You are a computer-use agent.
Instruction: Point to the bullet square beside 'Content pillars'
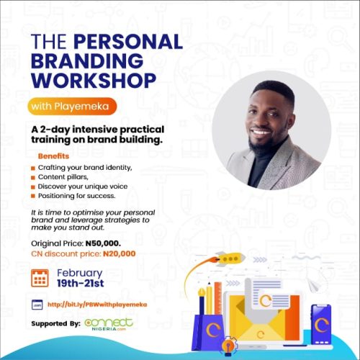pos(32,177)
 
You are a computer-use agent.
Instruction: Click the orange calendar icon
pos(40,277)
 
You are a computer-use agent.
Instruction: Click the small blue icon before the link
pos(39,305)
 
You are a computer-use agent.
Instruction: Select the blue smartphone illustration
pos(320,321)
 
